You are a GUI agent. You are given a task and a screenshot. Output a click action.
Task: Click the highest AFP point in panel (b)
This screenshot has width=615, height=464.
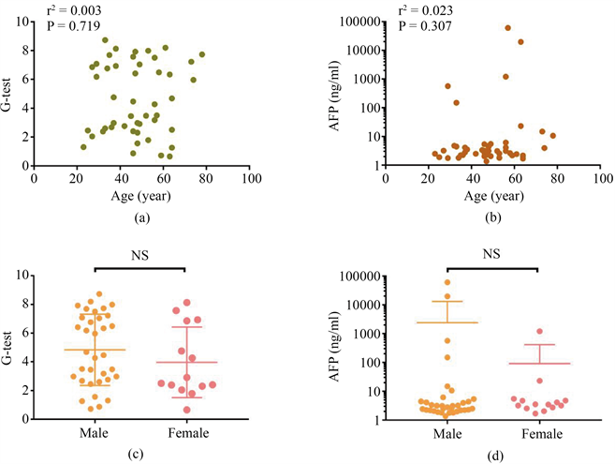click(x=508, y=28)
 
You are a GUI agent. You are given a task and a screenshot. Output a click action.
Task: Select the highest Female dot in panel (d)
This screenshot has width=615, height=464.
click(x=539, y=331)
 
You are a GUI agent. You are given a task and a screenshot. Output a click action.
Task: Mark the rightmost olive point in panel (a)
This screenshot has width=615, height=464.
click(x=201, y=54)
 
